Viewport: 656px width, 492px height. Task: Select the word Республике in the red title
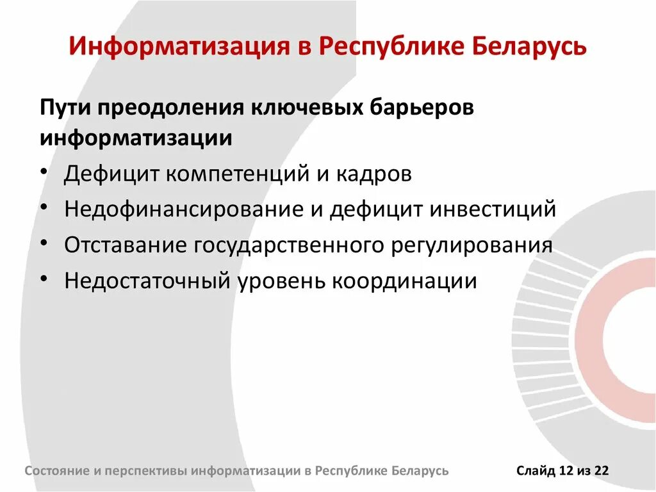383,47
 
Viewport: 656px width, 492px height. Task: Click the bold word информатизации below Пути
136,138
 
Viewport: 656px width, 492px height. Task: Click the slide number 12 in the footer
565,471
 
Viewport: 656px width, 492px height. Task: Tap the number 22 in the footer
601,471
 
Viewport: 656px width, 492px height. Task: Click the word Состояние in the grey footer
58,471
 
